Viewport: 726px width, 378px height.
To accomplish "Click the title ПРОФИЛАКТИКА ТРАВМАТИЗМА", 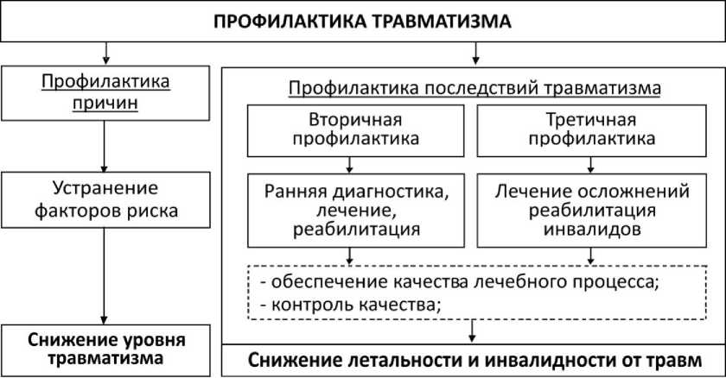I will (x=363, y=22).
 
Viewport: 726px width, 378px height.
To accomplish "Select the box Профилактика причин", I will (x=105, y=94).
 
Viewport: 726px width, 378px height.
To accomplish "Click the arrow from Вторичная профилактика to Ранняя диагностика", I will (x=349, y=163).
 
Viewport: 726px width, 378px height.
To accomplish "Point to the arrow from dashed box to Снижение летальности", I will (x=474, y=332).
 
